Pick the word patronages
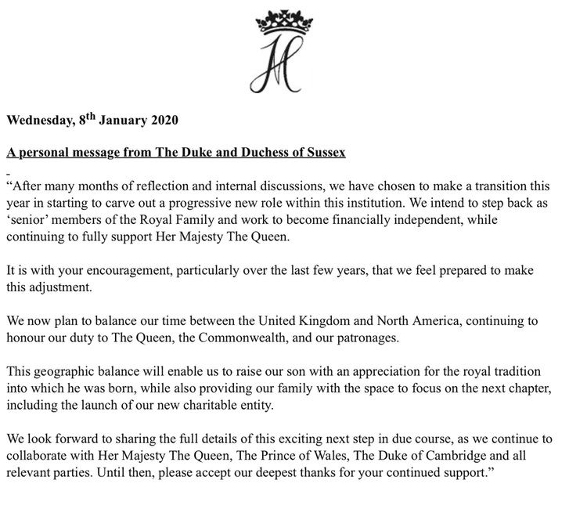point(369,338)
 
